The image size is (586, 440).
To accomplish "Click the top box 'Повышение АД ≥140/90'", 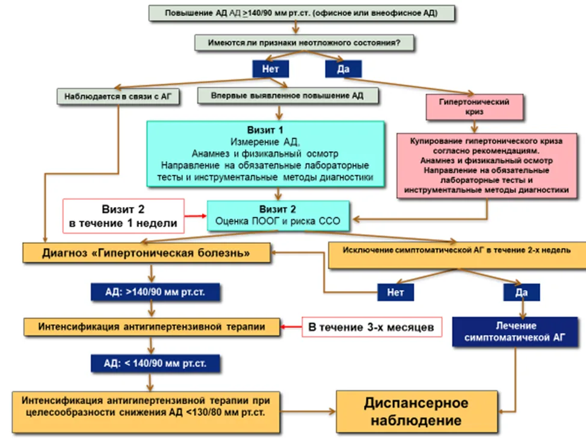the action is [301, 13].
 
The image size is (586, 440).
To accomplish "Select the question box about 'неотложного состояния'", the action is [304, 43].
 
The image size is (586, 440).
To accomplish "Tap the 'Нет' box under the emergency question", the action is [271, 69].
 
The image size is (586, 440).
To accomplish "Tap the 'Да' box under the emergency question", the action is [343, 69].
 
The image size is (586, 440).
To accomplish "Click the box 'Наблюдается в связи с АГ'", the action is [118, 96].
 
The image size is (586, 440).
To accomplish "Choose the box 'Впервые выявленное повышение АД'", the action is [288, 96].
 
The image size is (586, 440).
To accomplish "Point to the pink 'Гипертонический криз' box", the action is [474, 107].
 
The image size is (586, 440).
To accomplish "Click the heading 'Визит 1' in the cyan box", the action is [265, 130].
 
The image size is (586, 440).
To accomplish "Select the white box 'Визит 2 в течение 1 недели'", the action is [123, 216].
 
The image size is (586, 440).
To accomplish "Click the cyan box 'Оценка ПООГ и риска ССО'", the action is [278, 215].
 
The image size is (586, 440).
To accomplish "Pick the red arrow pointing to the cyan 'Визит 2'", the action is [196, 215].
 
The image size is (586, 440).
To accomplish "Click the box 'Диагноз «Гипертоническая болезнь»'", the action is [146, 253].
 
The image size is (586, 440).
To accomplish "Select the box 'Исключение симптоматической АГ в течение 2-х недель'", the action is [457, 255].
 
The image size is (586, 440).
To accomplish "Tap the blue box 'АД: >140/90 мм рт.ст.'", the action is [155, 292].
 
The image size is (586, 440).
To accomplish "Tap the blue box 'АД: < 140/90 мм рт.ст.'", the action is [155, 363].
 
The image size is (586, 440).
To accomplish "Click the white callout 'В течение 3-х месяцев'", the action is [371, 327].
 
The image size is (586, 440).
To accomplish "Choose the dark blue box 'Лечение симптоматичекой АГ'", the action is [515, 332].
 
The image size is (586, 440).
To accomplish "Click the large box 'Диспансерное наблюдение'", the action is [417, 412].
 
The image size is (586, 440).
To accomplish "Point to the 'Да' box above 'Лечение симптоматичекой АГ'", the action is [522, 292].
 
